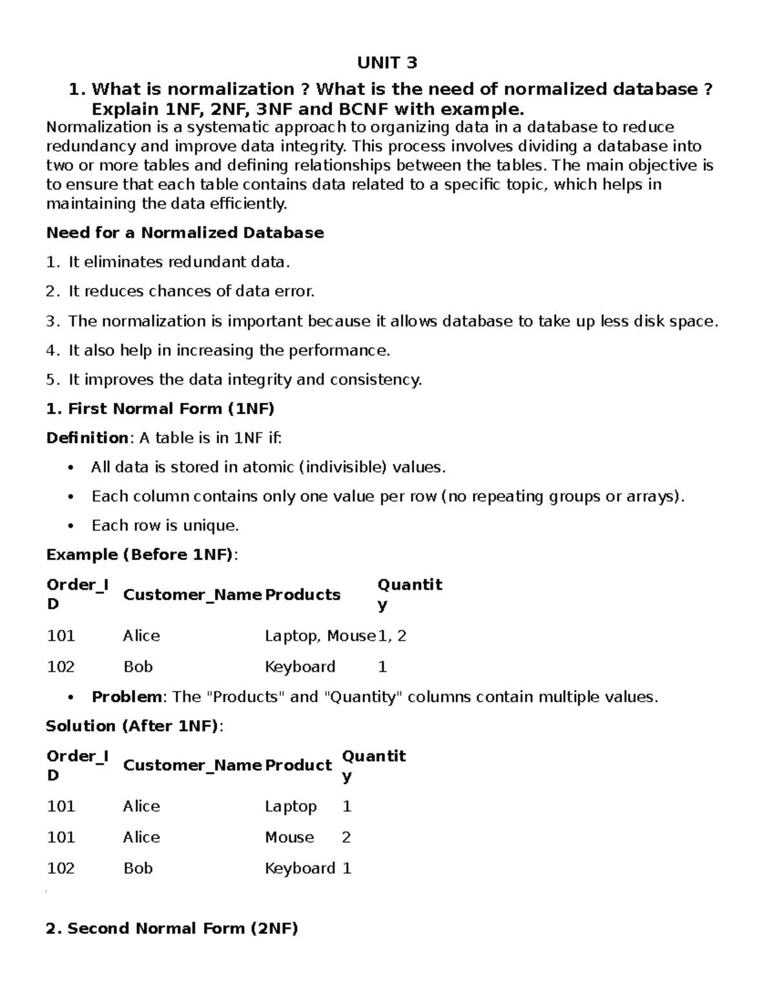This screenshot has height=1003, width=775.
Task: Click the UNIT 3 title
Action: click(x=387, y=63)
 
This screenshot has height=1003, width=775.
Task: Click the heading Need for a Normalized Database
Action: click(x=185, y=233)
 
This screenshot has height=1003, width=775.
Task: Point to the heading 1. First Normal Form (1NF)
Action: click(x=160, y=409)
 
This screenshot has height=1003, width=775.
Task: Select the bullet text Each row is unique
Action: click(x=165, y=526)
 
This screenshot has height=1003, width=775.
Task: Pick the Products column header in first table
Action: click(x=302, y=595)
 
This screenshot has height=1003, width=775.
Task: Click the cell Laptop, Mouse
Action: click(x=320, y=636)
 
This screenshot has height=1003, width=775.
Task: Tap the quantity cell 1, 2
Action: click(x=392, y=636)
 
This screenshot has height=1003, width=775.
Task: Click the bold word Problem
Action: click(x=127, y=697)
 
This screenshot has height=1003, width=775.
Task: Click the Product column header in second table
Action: click(x=298, y=765)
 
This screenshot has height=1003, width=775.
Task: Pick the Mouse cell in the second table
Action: click(x=289, y=838)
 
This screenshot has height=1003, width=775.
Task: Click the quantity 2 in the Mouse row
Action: click(x=346, y=838)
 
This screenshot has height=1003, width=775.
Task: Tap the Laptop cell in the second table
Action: click(x=291, y=807)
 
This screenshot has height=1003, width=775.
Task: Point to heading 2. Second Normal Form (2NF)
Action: click(x=172, y=929)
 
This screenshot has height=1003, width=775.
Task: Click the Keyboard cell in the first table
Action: click(x=300, y=667)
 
